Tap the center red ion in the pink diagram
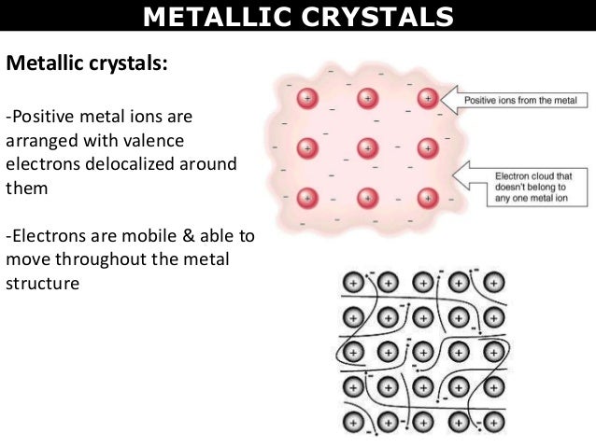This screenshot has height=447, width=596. [367, 147]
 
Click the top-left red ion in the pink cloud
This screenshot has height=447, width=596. [305, 97]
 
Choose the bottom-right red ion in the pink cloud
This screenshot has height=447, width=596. [428, 198]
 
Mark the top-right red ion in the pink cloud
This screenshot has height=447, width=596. [428, 97]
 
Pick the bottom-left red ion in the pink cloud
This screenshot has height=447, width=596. [305, 198]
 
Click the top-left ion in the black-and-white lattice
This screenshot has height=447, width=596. [354, 281]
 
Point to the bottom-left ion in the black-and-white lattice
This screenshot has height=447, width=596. [354, 418]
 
